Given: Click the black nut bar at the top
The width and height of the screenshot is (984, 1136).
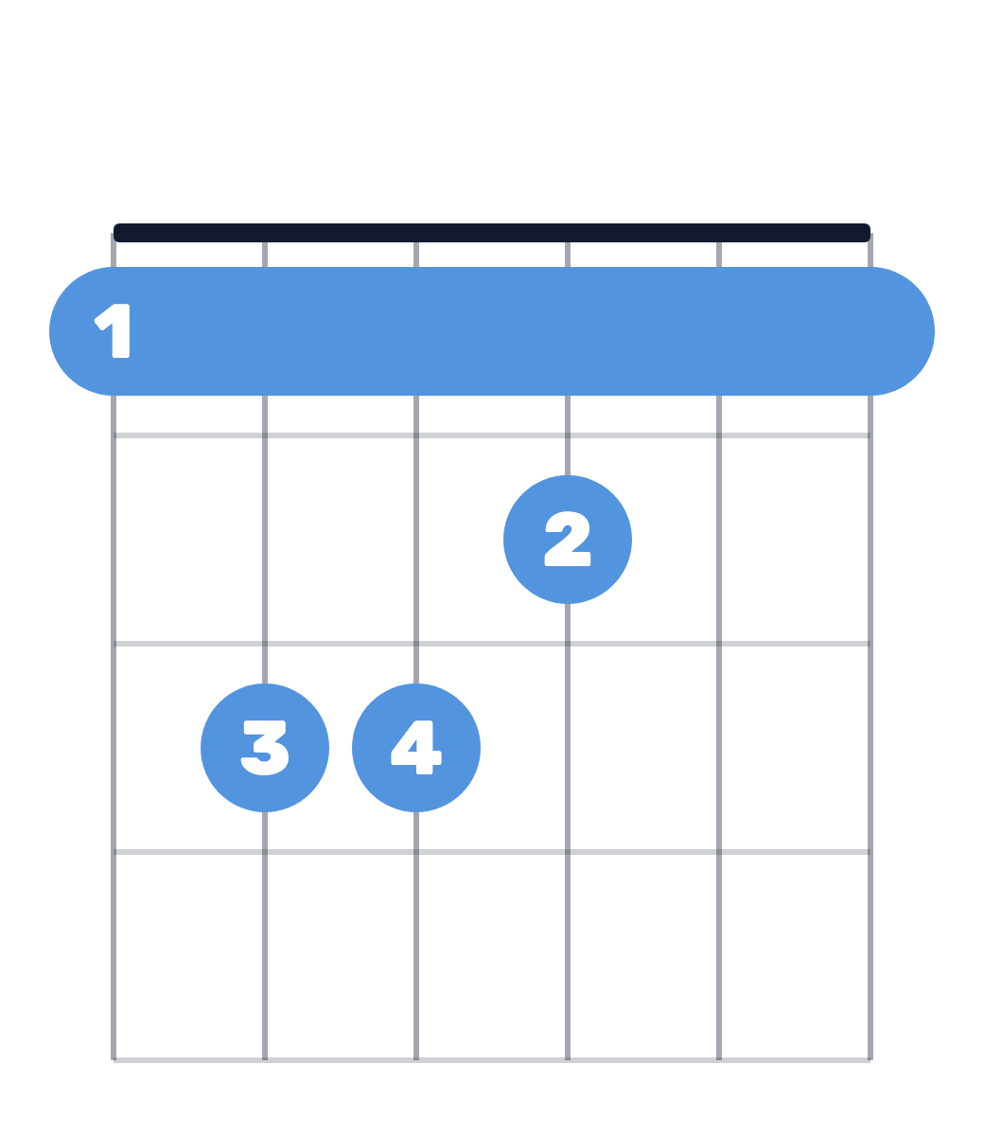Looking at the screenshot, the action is pos(492,233).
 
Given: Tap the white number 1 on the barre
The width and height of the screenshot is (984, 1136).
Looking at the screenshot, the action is pos(113,330).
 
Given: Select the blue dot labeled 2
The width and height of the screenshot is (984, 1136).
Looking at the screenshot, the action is pos(568,540).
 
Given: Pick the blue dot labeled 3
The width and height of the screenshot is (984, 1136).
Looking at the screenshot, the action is pos(265,748).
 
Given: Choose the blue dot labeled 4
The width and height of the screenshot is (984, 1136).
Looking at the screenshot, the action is pos(416,748).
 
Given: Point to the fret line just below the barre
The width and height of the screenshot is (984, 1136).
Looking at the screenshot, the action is pos(492,435).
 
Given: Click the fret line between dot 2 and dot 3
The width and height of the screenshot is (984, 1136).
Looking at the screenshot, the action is pos(492,644).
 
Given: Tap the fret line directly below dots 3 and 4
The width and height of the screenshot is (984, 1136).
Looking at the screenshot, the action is pos(492,852).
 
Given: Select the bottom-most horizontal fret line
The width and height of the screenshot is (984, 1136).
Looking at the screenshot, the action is pos(492,1060).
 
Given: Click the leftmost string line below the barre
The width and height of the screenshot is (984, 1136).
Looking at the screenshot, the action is pos(114,728).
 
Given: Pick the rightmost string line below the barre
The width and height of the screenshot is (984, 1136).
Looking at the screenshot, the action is pos(870,728).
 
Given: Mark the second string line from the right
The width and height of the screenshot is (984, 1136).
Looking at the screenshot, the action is pos(719,728).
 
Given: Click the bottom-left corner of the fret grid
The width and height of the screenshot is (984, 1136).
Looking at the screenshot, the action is pos(114,1060).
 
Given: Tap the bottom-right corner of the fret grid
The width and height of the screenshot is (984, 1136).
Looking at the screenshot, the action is pos(870,1060).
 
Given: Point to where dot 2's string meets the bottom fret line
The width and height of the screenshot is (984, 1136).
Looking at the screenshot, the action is pos(568,1060).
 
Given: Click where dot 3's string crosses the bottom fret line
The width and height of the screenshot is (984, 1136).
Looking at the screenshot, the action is pos(265,1060).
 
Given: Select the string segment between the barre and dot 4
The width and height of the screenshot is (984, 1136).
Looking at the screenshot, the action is pos(416,540).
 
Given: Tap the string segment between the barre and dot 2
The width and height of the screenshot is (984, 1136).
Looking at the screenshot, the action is pos(568,435).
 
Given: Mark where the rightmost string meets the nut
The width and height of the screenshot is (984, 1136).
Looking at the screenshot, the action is pos(870,238).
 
